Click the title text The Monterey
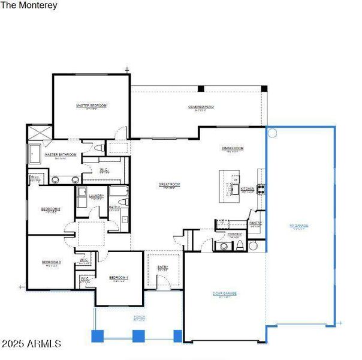29,5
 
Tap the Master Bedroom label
91,106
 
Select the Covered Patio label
201,107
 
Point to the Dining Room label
232,148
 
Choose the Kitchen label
248,188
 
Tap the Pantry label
255,223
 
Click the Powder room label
234,233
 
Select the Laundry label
97,196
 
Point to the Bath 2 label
114,208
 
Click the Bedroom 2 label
50,209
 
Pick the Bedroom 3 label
51,262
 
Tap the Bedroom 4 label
119,277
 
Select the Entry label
162,268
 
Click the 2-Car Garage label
225,293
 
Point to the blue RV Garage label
298,226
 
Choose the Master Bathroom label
61,155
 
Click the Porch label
138,318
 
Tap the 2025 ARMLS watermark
31,344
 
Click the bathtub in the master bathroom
34,154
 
